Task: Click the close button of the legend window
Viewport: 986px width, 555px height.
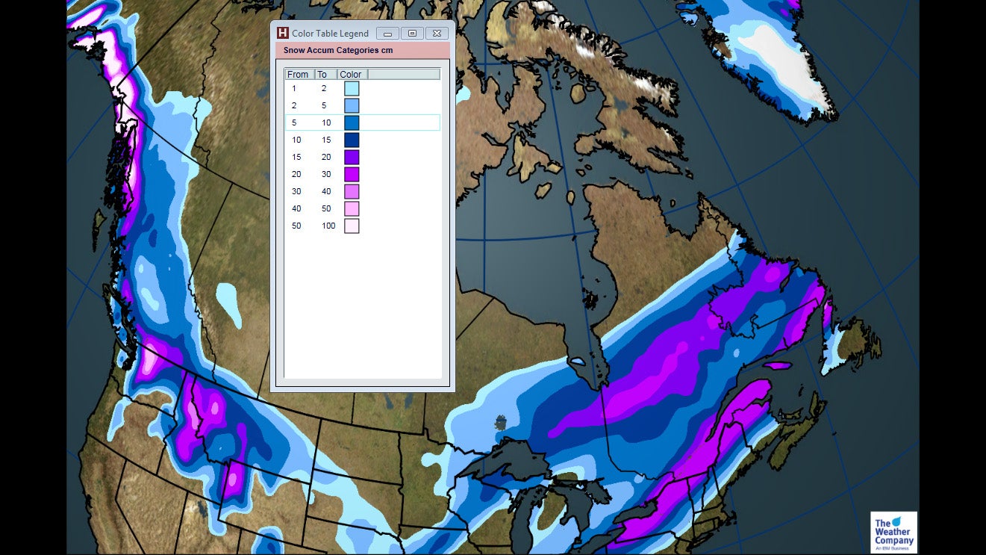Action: pyautogui.click(x=437, y=33)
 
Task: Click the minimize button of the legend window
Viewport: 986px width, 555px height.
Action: pyautogui.click(x=387, y=33)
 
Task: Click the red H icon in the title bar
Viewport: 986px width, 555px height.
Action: pyautogui.click(x=282, y=33)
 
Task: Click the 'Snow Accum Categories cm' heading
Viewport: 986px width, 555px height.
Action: pyautogui.click(x=337, y=50)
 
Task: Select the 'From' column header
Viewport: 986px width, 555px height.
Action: pyautogui.click(x=298, y=74)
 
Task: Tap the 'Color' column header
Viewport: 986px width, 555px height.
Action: pyautogui.click(x=351, y=74)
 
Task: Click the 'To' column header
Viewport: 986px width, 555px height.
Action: pyautogui.click(x=322, y=74)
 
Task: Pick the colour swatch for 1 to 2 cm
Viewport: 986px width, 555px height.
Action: pyautogui.click(x=352, y=88)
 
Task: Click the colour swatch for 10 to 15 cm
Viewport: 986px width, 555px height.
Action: pyautogui.click(x=352, y=140)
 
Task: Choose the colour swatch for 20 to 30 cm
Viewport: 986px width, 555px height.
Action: pyautogui.click(x=352, y=174)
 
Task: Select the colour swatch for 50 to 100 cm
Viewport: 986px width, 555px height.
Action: pyautogui.click(x=352, y=226)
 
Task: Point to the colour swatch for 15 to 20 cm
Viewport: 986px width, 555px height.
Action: pyautogui.click(x=352, y=157)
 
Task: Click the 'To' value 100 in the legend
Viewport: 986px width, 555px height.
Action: pyautogui.click(x=328, y=226)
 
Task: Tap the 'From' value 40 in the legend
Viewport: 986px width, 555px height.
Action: pyautogui.click(x=296, y=208)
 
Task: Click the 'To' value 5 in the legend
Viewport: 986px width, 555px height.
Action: pyautogui.click(x=324, y=105)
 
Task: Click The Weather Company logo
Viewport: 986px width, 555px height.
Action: pyautogui.click(x=893, y=533)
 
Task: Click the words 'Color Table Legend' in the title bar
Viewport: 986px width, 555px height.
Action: pyautogui.click(x=330, y=34)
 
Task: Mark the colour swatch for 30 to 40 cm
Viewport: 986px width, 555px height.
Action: pyautogui.click(x=352, y=191)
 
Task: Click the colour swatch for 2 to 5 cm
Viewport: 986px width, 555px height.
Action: pyautogui.click(x=352, y=105)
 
